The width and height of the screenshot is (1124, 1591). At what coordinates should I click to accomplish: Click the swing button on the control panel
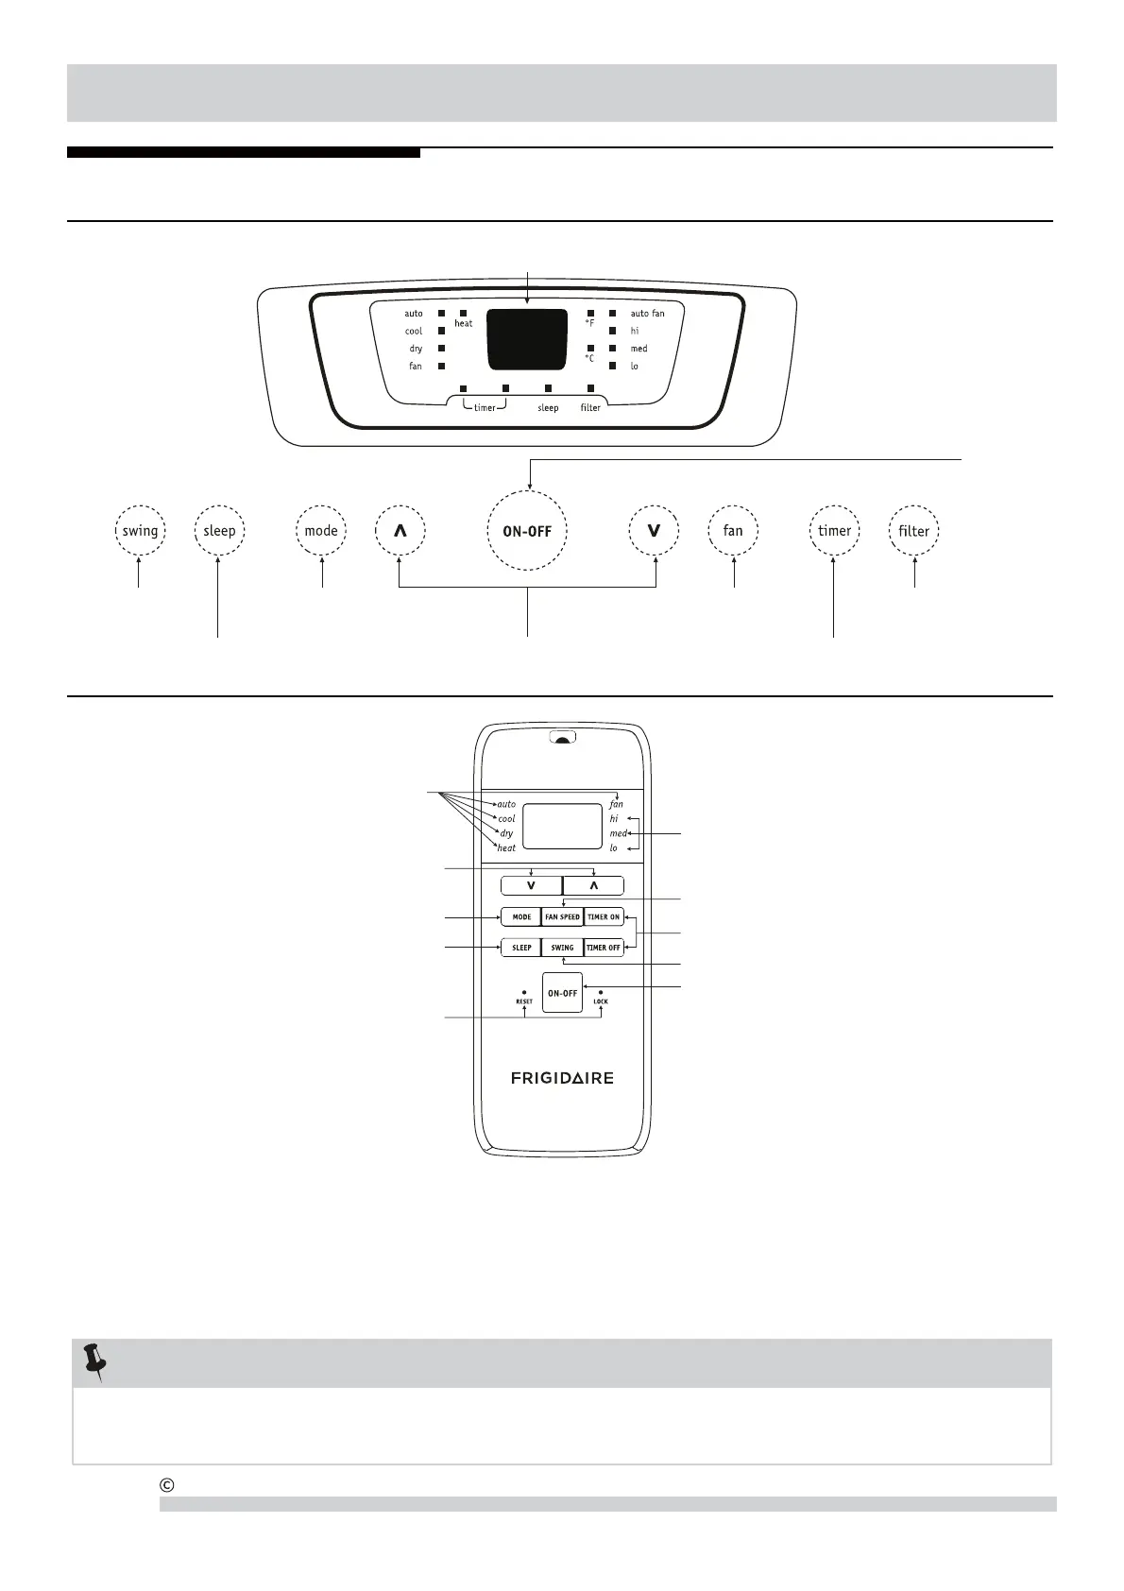coord(140,531)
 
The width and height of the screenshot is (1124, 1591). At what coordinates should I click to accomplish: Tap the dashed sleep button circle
coord(219,531)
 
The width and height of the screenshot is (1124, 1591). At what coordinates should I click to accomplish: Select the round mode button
coord(321,531)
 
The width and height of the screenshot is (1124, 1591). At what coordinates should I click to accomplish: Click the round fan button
coord(733,531)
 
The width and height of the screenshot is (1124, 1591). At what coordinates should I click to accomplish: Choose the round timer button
coord(834,531)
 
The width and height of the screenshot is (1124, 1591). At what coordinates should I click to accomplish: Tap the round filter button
coord(913,531)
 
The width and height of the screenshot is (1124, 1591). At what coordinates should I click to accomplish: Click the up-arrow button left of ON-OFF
coord(400,531)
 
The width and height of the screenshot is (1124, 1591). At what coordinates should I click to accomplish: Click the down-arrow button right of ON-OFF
coord(654,531)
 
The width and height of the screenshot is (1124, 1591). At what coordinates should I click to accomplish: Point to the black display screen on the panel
coord(526,339)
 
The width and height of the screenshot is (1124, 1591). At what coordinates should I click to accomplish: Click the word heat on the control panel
coord(464,324)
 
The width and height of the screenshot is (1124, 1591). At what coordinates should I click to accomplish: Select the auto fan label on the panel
coord(647,314)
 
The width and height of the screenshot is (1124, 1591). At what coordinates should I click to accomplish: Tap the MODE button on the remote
coord(521,917)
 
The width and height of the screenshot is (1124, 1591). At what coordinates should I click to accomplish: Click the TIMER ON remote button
coord(604,917)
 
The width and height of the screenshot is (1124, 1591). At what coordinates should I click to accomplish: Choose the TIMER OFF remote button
coord(604,948)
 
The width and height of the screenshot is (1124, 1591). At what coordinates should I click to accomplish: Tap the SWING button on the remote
coord(562,948)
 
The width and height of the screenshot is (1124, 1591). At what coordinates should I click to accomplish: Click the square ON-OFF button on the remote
coord(562,993)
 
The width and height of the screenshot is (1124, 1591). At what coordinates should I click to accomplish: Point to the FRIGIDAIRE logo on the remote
coord(562,1078)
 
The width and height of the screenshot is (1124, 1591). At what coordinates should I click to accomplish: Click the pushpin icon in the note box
coord(94,1362)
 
